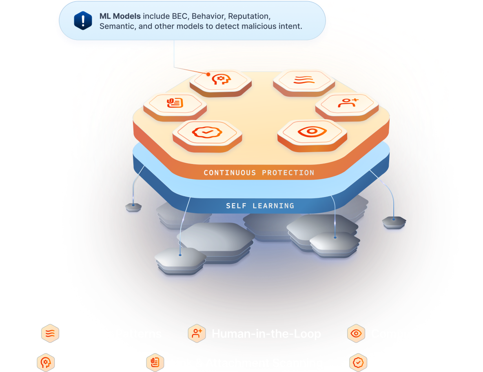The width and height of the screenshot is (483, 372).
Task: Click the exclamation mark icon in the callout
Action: coord(83,20)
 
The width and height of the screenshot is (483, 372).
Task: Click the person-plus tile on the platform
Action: coord(347,103)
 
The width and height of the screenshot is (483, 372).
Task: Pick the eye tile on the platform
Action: coord(312,131)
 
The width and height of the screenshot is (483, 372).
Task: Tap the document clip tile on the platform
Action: coord(175,103)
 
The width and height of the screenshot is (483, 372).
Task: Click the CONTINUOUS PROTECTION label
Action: coord(259,173)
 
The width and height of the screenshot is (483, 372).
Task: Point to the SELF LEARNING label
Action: coord(260,206)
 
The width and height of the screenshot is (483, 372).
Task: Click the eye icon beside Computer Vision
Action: coord(356,334)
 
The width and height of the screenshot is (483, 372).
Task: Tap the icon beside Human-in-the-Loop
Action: coord(197,334)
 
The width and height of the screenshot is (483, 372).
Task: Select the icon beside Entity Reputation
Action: coord(358,362)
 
